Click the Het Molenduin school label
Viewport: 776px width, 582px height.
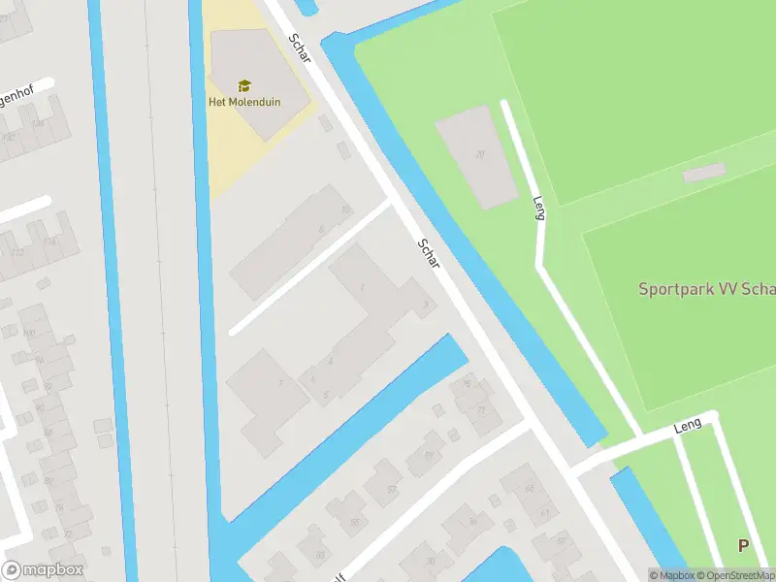[x=243, y=102]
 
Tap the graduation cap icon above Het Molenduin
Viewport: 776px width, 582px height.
[x=243, y=86]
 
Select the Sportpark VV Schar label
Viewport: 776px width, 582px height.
[x=706, y=289]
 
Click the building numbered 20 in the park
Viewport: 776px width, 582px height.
[x=477, y=155]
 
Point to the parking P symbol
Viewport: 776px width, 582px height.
[x=743, y=546]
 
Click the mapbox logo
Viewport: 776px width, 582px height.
[x=43, y=570]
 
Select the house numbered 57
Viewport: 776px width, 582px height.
[x=391, y=489]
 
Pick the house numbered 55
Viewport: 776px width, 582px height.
[x=354, y=522]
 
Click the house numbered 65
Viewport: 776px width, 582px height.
[x=530, y=489]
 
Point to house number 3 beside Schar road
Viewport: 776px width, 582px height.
[x=426, y=306]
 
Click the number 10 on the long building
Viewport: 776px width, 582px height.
[x=344, y=210]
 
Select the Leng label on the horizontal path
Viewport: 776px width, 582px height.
[x=687, y=428]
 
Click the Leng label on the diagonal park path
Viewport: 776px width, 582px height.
[x=539, y=208]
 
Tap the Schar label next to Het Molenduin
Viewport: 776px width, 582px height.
[x=299, y=48]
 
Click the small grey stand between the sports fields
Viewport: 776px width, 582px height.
[x=703, y=173]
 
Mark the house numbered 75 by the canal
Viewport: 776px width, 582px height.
[x=469, y=384]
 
